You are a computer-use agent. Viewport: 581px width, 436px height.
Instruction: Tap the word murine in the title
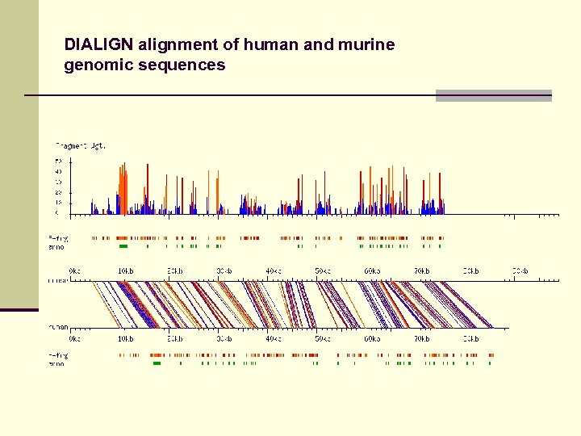[x=368, y=44]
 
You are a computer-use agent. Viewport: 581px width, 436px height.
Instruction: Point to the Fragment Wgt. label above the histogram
[x=80, y=145]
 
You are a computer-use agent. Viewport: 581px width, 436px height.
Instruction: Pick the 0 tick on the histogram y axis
[x=58, y=213]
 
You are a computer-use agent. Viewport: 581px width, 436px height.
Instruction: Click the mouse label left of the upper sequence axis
[x=57, y=280]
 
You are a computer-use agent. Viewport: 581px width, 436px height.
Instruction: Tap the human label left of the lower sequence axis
[x=57, y=327]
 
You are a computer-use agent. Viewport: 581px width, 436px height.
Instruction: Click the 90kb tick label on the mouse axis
[x=519, y=270]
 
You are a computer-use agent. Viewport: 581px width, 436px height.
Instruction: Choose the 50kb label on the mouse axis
[x=323, y=270]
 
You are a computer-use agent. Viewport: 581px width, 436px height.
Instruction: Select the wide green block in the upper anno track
[x=123, y=246]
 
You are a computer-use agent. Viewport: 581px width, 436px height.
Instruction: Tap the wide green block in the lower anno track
[x=157, y=363]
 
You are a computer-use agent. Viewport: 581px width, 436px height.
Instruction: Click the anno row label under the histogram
[x=56, y=246]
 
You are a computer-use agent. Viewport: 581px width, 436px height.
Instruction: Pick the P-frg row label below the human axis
[x=57, y=355]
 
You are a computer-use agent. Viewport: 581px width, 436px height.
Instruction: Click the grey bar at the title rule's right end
[x=493, y=95]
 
